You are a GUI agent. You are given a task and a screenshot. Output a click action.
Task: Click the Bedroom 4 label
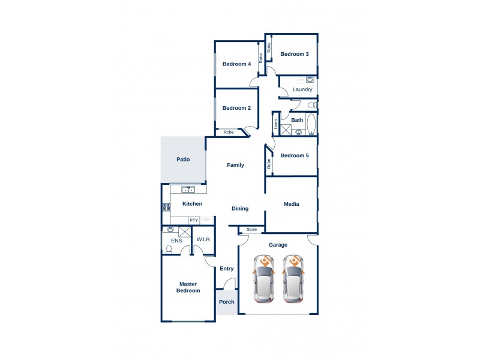236,64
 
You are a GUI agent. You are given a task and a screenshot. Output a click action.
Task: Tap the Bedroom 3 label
295,54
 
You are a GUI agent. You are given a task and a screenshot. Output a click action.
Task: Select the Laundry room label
302,90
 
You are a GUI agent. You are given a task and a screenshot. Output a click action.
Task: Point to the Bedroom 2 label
236,108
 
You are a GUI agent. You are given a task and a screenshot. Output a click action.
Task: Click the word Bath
297,120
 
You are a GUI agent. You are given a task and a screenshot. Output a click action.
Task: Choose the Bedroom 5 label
295,155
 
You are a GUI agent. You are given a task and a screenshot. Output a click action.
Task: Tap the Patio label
183,160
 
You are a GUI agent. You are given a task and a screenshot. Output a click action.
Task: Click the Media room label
292,204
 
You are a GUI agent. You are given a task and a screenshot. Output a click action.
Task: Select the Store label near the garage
252,229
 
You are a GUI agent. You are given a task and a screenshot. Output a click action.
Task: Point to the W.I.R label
203,239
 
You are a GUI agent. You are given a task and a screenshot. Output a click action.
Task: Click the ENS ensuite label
176,241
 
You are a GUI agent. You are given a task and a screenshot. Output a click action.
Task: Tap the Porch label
227,302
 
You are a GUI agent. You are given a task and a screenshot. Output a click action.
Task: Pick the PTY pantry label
194,220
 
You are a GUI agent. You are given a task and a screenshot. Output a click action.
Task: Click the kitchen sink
188,190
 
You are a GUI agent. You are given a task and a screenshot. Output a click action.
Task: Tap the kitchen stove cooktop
166,208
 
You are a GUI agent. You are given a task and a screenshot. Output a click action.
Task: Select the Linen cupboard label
276,124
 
